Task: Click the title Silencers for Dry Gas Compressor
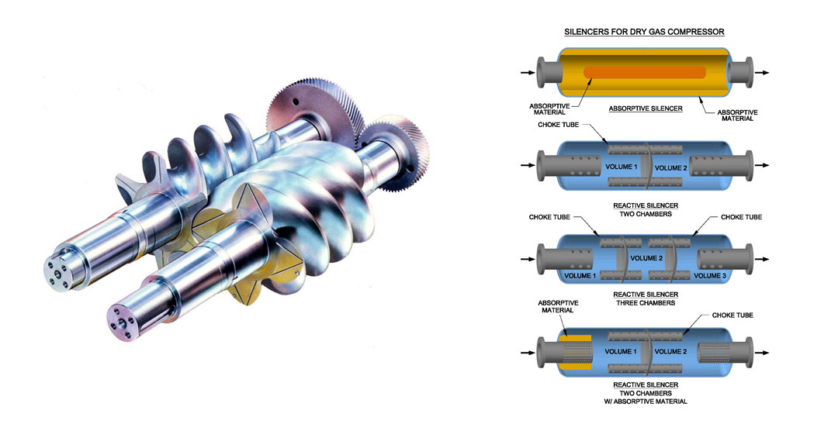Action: pyautogui.click(x=645, y=32)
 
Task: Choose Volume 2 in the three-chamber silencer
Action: pyautogui.click(x=645, y=258)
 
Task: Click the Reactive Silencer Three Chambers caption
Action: pyautogui.click(x=646, y=298)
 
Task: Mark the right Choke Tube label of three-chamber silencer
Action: pyautogui.click(x=741, y=217)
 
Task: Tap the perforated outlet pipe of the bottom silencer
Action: pyautogui.click(x=714, y=351)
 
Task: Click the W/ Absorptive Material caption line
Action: pyautogui.click(x=646, y=402)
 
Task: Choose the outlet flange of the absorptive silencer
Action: pyautogui.click(x=741, y=72)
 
